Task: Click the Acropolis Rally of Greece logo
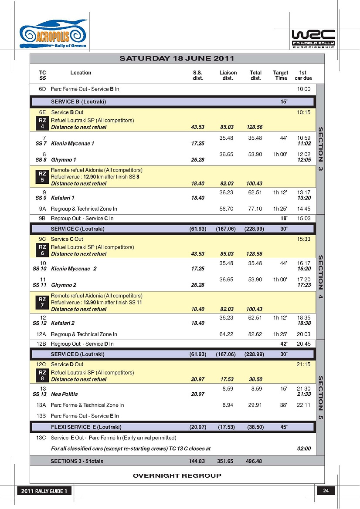point(53,34)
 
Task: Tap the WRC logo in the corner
point(313,38)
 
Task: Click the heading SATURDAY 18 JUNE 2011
point(177,58)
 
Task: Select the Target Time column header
point(281,75)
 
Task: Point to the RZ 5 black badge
point(42,176)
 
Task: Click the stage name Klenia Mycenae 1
point(72,143)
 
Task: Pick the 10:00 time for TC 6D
point(304,89)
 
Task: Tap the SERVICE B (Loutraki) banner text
point(78,102)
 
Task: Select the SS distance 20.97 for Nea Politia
point(198,394)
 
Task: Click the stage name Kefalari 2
point(63,323)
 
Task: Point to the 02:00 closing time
point(304,448)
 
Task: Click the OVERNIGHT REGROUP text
point(177,475)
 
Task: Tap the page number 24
point(326,491)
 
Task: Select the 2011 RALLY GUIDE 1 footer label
point(44,491)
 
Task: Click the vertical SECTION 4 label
point(320,277)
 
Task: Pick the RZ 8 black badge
point(42,376)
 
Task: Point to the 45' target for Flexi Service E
point(284,427)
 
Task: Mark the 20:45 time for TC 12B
point(304,344)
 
